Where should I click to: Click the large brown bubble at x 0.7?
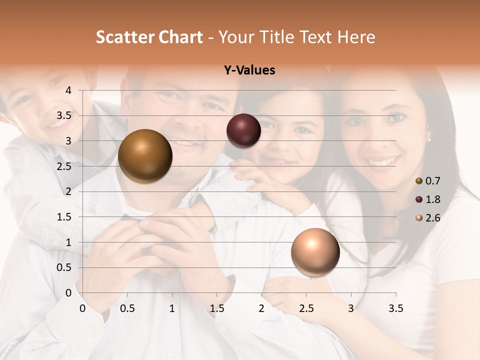[x=145, y=156]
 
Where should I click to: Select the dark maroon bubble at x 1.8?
[x=243, y=130]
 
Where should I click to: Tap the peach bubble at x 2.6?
[x=315, y=252]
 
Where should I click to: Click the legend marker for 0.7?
[x=419, y=181]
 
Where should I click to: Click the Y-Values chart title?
[x=249, y=70]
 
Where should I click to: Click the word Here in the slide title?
[x=356, y=37]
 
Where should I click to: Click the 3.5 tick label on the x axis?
[x=395, y=308]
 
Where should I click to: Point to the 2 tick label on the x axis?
[x=261, y=308]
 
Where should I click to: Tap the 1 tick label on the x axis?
[x=172, y=308]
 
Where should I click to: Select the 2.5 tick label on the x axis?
[x=306, y=308]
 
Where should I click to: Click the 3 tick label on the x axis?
[x=351, y=308]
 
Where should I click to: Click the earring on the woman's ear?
[x=429, y=139]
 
